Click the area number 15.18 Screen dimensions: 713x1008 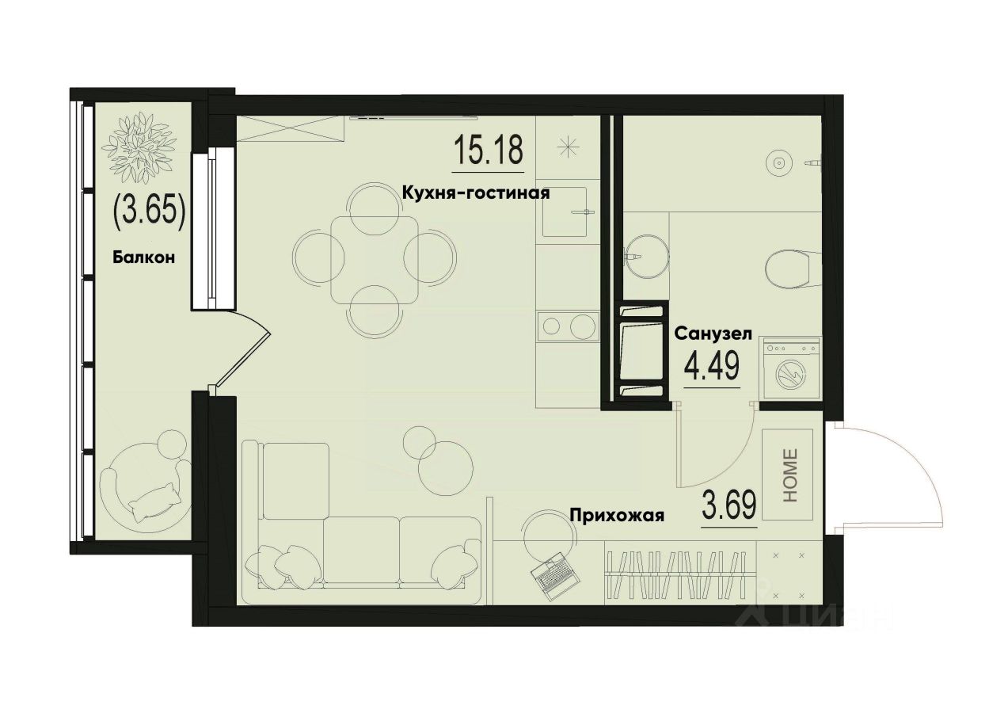pos(489,151)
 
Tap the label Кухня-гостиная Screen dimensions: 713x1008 pos(475,193)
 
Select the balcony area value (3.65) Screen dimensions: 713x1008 pos(150,211)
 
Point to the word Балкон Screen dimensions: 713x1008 pos(143,257)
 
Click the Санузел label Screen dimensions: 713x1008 pos(712,334)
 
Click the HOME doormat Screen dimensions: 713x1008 pos(789,475)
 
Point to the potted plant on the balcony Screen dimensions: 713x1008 pos(143,148)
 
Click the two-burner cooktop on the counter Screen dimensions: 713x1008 pos(565,326)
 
